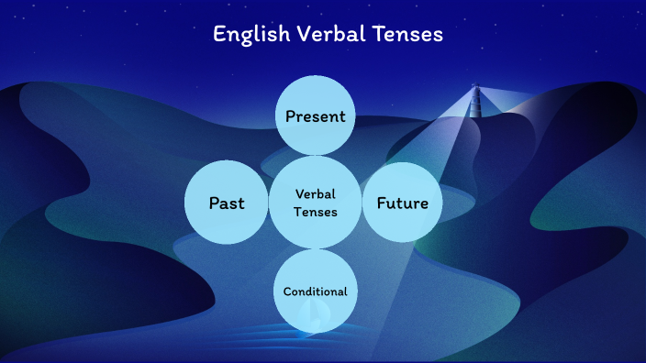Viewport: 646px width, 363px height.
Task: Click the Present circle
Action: point(315,115)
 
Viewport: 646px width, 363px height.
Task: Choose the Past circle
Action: point(226,203)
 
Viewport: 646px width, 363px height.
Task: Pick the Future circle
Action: point(402,203)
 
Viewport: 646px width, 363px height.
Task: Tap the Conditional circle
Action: point(315,291)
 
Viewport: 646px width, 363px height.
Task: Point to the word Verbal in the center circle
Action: point(316,193)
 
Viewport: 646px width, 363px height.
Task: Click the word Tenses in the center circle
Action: point(316,212)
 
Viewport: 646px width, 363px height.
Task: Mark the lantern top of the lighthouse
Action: point(475,88)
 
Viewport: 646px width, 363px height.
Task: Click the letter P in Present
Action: point(290,116)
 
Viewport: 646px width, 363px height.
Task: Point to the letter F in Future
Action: point(380,203)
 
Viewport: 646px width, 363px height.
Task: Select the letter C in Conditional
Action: point(287,291)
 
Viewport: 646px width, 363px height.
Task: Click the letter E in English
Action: point(219,35)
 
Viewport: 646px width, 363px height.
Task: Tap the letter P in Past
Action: point(214,203)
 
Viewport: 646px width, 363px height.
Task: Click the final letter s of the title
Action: point(439,36)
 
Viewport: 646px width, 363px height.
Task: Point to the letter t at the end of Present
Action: point(342,116)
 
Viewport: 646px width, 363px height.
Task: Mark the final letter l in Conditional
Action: point(345,291)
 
